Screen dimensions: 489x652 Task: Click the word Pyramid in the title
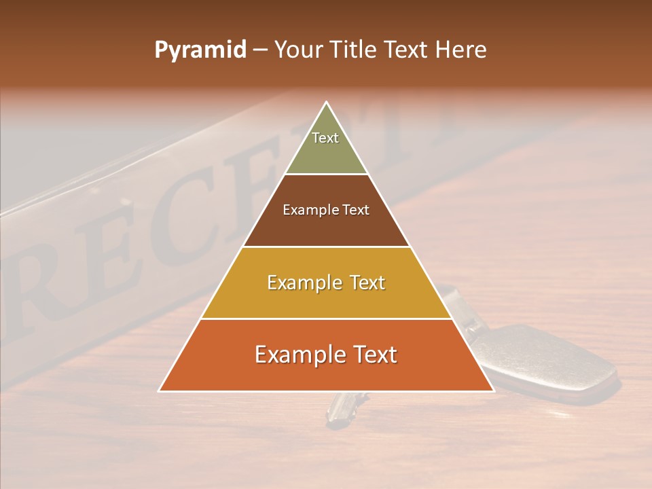(x=200, y=50)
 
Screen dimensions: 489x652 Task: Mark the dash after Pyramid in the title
(x=260, y=50)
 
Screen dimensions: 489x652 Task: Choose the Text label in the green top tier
(x=325, y=138)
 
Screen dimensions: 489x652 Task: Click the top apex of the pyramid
(x=326, y=103)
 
